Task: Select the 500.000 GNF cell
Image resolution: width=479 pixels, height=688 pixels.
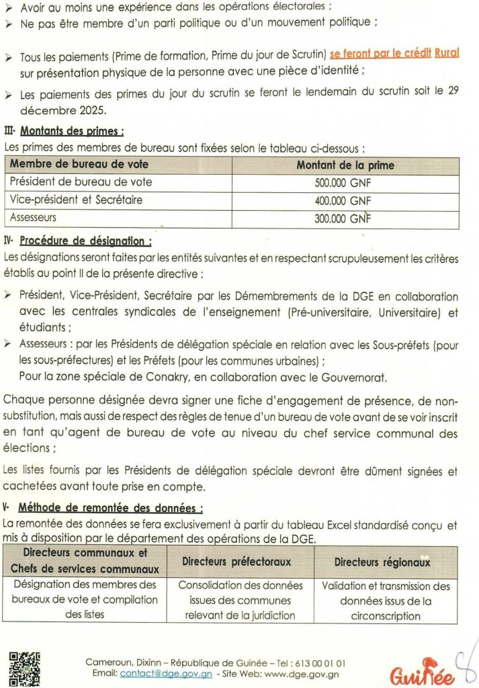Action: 343,182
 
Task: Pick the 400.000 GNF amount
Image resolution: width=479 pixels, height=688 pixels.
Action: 343,200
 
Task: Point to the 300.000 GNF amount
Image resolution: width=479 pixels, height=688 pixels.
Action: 343,218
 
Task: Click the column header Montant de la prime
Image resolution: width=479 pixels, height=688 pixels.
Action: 345,165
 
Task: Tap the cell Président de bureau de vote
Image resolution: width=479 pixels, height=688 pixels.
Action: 81,182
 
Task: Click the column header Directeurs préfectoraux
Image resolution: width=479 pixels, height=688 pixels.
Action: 236,561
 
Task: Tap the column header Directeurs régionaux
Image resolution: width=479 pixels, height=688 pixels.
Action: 382,562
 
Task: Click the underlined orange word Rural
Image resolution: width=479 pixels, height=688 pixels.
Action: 447,53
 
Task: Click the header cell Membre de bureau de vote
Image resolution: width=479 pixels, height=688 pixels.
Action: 79,165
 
